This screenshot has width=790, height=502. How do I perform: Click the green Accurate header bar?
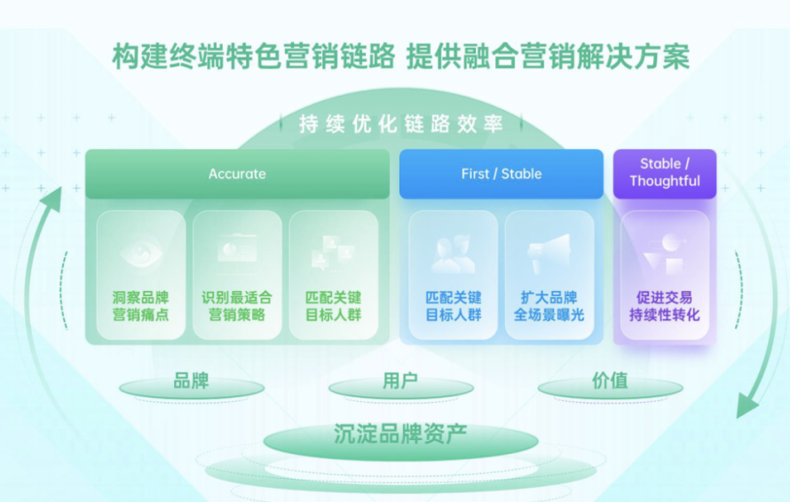click(x=237, y=174)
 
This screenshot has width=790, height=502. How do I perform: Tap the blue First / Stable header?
click(x=502, y=174)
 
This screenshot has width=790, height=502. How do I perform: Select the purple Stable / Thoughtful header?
click(x=665, y=173)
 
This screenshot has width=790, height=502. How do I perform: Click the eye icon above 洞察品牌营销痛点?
click(x=141, y=252)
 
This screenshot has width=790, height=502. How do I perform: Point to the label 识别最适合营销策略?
click(x=237, y=306)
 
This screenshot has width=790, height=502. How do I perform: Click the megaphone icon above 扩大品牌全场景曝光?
click(x=549, y=253)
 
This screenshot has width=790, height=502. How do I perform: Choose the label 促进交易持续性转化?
click(x=665, y=306)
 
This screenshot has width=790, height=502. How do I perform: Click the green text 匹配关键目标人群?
click(x=334, y=306)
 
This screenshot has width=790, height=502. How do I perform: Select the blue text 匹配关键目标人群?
click(x=453, y=306)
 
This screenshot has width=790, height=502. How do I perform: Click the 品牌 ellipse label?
click(x=191, y=382)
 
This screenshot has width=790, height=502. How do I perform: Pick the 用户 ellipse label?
click(x=400, y=382)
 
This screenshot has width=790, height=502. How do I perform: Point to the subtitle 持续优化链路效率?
click(x=400, y=124)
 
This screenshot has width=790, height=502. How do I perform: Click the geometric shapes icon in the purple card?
click(x=665, y=253)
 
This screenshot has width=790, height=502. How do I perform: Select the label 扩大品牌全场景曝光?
click(x=549, y=306)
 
